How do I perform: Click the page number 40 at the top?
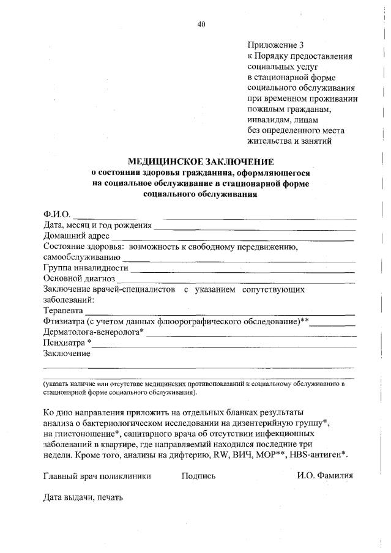(x=202, y=24)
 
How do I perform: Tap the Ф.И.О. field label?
(x=57, y=214)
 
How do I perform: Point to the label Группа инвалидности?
(x=86, y=269)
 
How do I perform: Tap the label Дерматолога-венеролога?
(x=92, y=332)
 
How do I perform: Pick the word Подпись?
(x=199, y=475)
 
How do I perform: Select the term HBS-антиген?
(x=319, y=455)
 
